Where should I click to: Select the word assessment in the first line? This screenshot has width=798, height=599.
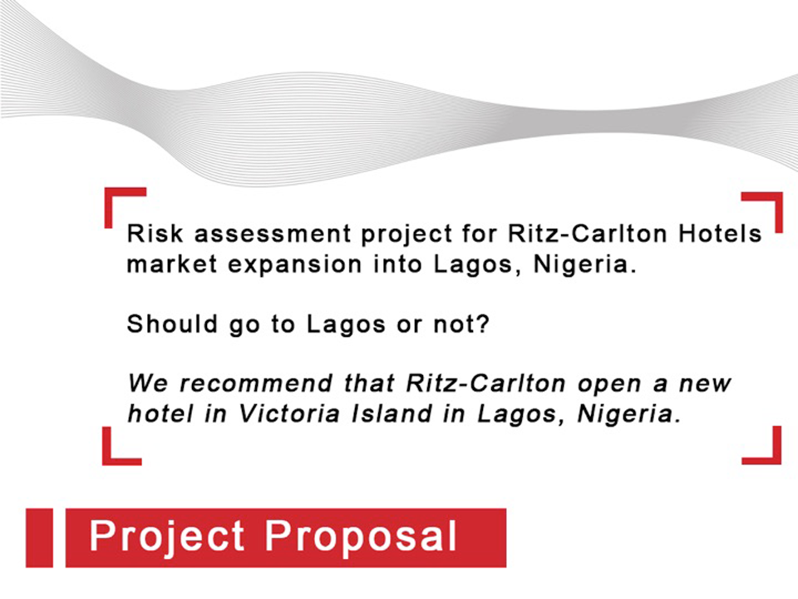(x=273, y=235)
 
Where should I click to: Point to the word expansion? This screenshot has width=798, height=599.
(x=294, y=265)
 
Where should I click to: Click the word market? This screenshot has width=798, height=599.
(x=172, y=265)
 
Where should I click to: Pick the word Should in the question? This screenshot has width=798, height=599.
(x=173, y=324)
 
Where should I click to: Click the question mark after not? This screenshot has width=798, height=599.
(x=483, y=324)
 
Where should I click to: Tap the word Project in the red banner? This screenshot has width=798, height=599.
(x=167, y=537)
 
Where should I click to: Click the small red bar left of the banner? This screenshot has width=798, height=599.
(x=39, y=537)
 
